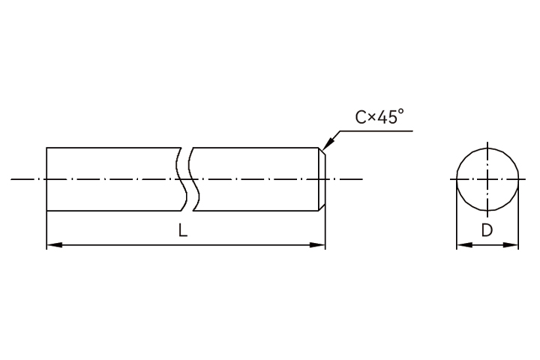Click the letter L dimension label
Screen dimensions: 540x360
[183, 230]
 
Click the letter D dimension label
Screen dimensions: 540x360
[487, 230]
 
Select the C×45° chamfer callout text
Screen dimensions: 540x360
[379, 117]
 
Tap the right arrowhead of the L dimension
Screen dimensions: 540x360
[317, 245]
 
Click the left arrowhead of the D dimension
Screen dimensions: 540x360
[464, 245]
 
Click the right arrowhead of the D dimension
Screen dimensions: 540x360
[511, 245]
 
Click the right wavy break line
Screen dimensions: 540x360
[193, 179]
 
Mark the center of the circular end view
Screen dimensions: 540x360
[487, 179]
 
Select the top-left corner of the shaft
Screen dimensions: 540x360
[46, 148]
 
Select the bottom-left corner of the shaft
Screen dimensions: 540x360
[46, 211]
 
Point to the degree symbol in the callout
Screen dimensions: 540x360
[400, 112]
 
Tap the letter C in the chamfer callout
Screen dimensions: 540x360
[361, 118]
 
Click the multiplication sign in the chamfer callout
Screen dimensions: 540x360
[371, 118]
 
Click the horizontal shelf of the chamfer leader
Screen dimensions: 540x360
[376, 131]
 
